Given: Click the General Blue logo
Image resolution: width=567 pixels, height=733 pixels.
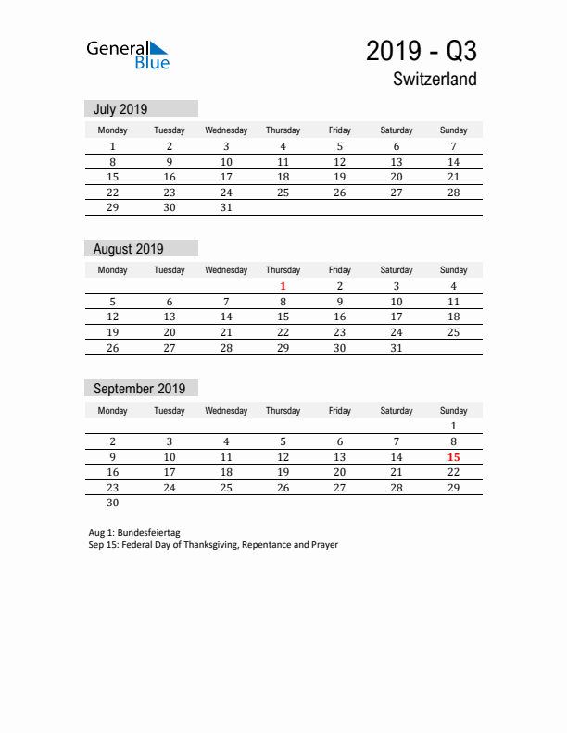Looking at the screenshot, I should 128,55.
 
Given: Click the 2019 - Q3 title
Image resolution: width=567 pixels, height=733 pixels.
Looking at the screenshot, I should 421,51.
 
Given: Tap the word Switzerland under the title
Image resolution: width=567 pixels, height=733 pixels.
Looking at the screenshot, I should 434,80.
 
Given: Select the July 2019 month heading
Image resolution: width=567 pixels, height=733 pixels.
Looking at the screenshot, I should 120,109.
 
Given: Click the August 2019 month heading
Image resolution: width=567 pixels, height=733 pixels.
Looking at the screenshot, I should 128,249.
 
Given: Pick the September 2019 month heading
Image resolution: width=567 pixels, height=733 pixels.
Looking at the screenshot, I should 139,389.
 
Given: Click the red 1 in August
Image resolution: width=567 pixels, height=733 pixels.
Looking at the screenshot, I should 283,286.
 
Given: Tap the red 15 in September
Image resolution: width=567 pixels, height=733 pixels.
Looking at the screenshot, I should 453,457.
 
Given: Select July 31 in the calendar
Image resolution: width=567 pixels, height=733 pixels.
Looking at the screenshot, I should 226,208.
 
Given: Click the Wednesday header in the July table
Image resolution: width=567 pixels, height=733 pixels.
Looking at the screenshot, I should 226,130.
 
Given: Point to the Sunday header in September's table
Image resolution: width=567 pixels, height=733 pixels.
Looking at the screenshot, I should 453,410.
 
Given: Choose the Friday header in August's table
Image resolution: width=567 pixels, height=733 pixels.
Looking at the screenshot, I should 340,270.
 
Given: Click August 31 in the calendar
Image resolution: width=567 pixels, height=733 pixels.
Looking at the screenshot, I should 397,348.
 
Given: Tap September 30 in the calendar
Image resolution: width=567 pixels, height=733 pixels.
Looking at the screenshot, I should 113,503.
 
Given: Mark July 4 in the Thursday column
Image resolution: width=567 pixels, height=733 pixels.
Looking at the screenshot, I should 283,146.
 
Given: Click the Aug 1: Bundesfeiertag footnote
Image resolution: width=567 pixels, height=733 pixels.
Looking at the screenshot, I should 134,533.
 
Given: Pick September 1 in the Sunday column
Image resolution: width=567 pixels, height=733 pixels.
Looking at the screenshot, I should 453,426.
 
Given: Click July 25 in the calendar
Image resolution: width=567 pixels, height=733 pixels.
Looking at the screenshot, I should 283,193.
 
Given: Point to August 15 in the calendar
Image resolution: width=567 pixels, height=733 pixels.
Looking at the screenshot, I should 283,317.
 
